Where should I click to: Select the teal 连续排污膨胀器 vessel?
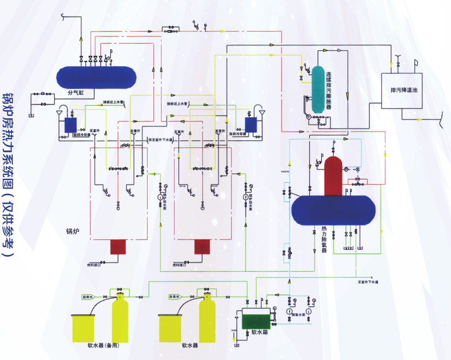(x=317, y=89)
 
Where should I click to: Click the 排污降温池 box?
(x=401, y=91)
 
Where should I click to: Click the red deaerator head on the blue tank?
(x=333, y=175)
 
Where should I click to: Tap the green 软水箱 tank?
(x=255, y=319)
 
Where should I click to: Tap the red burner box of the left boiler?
(x=118, y=247)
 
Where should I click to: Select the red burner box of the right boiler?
(x=202, y=247)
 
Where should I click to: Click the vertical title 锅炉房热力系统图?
(x=8, y=173)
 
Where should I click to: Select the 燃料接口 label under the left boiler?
(x=93, y=265)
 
